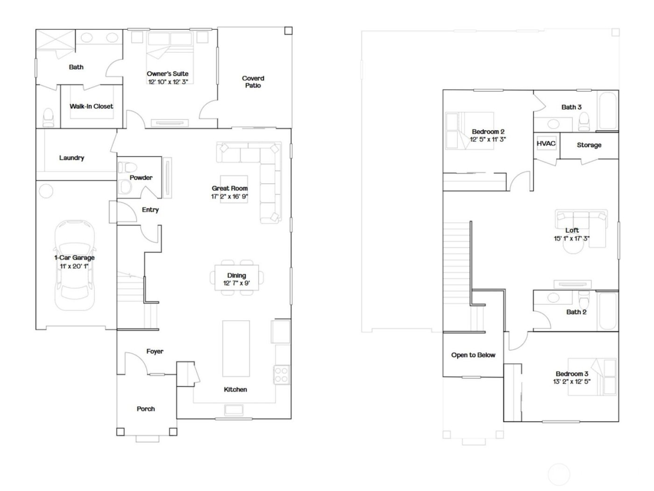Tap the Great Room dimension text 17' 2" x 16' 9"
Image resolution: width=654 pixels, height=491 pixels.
pyautogui.click(x=229, y=197)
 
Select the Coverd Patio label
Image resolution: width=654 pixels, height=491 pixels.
pyautogui.click(x=253, y=82)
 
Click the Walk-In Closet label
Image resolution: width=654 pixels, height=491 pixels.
pyautogui.click(x=92, y=106)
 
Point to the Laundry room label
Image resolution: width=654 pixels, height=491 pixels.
pyautogui.click(x=71, y=158)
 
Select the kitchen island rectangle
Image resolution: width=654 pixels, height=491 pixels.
pyautogui.click(x=236, y=348)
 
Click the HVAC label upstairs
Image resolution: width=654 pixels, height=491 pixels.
pyautogui.click(x=546, y=143)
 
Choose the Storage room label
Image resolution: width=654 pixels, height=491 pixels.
pyautogui.click(x=589, y=145)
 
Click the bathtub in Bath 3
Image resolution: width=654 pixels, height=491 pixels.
pyautogui.click(x=607, y=111)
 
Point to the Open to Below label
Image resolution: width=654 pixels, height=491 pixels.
pyautogui.click(x=473, y=355)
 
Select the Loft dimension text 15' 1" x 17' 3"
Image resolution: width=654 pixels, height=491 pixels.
pyautogui.click(x=572, y=238)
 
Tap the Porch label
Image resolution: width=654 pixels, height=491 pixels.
pyautogui.click(x=146, y=409)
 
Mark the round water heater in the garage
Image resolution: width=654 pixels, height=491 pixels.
pyautogui.click(x=46, y=190)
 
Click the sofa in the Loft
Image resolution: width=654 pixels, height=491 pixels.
pyautogui.click(x=581, y=219)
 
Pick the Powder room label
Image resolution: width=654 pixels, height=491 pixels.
pyautogui.click(x=141, y=178)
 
